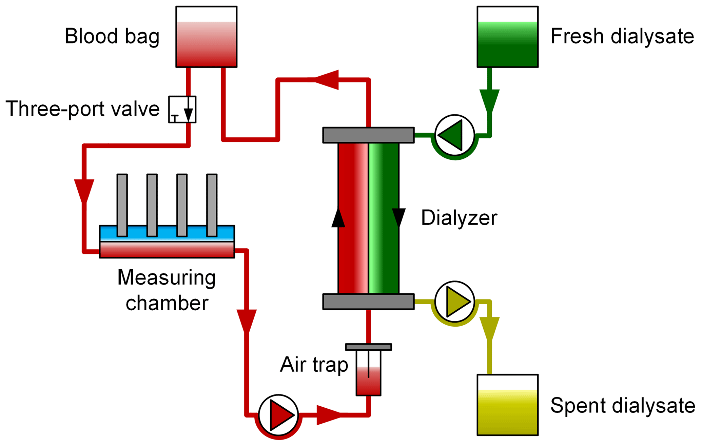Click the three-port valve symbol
click(x=182, y=110)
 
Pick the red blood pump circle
click(x=278, y=415)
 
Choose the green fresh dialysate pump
click(x=454, y=135)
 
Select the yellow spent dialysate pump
click(x=454, y=301)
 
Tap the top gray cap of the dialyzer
click(x=368, y=135)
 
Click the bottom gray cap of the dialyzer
click(x=368, y=302)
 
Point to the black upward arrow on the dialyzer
click(x=338, y=218)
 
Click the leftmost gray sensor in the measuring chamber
click(x=122, y=205)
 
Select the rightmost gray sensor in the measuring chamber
click(x=212, y=205)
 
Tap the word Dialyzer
click(x=459, y=218)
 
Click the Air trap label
click(x=314, y=365)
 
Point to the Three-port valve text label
click(x=82, y=109)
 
